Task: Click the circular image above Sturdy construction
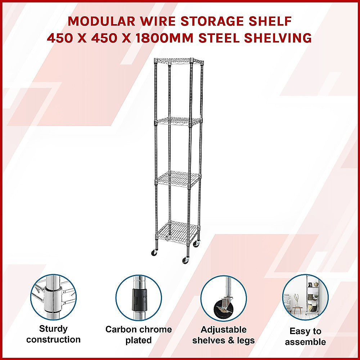tap(53, 297)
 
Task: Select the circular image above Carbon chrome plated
tap(139, 297)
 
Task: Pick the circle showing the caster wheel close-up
tap(223, 298)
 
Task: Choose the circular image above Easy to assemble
tap(305, 297)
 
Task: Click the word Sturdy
tap(53, 329)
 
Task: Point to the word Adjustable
tap(223, 330)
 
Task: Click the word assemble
tap(305, 342)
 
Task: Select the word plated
tap(139, 341)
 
